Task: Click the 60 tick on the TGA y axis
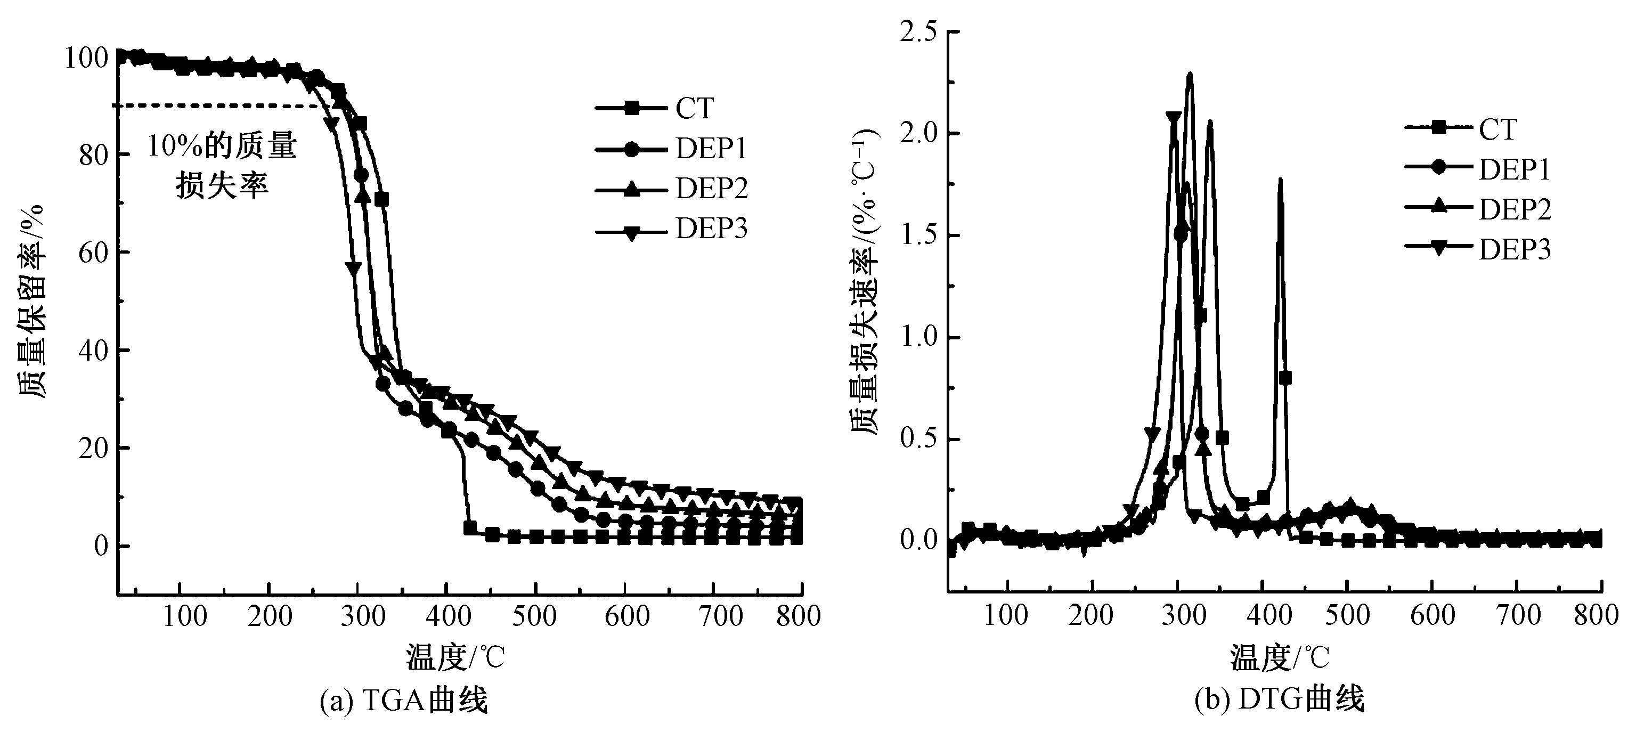[x=94, y=253]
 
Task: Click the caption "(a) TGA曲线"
[x=404, y=702]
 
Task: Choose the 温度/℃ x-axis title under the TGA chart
[x=455, y=657]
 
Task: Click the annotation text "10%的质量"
[x=222, y=147]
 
